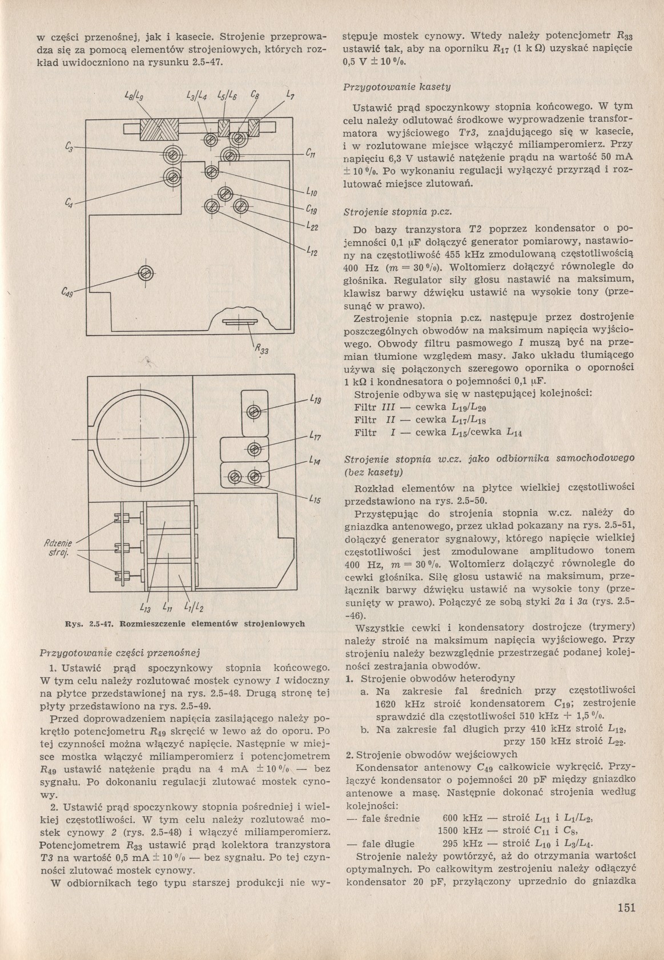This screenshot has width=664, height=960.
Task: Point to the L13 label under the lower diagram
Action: pos(145,607)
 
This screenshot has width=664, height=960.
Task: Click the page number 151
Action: pos(626,907)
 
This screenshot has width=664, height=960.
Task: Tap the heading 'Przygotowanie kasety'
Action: pos(396,87)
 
